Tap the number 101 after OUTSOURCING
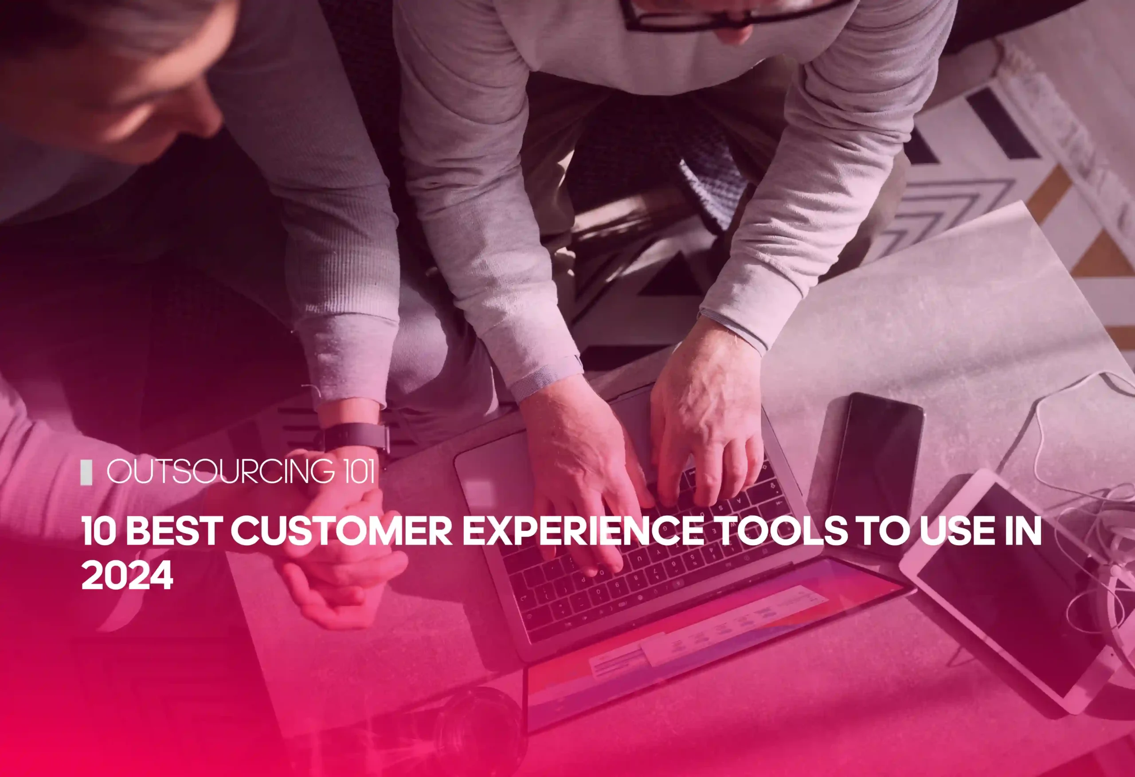(x=360, y=472)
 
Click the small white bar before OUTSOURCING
(x=86, y=473)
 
